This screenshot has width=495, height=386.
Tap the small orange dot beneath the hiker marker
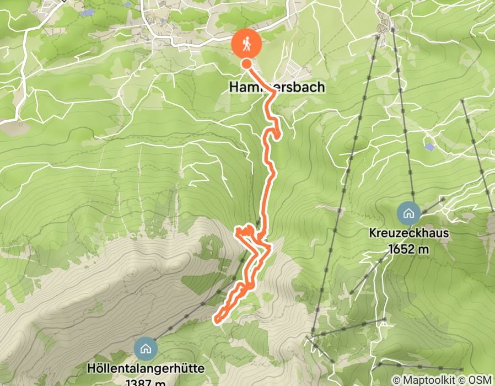coord(246,64)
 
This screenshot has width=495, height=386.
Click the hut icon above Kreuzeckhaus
coord(408,213)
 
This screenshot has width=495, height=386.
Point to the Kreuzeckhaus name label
coord(408,233)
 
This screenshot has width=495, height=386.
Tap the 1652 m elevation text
coord(408,249)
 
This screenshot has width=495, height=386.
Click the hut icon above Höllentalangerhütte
coord(146,348)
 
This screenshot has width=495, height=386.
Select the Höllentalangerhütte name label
coord(146,368)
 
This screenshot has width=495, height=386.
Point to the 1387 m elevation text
coord(146,381)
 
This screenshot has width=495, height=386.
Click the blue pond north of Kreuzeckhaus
coord(429,147)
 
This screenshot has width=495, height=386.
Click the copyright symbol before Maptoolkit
coord(397,380)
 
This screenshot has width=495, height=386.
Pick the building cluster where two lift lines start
coord(384,25)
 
